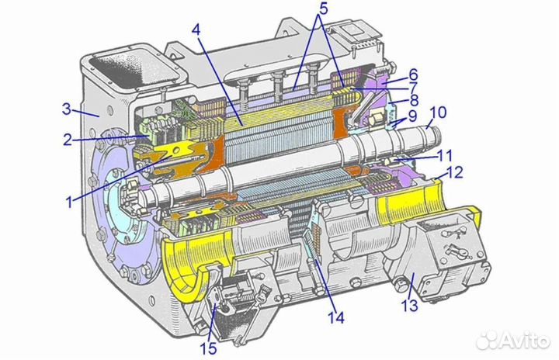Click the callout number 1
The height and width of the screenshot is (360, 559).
[70, 202]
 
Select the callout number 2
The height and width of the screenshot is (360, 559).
[68, 140]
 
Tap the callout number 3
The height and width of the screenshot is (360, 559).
[67, 109]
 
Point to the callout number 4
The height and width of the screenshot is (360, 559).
[196, 30]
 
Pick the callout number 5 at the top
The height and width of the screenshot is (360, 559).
[323, 9]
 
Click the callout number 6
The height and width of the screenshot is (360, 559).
[413, 74]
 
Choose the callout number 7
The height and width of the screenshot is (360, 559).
[413, 88]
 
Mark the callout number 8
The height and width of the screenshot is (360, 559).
[414, 101]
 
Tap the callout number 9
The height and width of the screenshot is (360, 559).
[412, 116]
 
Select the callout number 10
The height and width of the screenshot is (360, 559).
[438, 112]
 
